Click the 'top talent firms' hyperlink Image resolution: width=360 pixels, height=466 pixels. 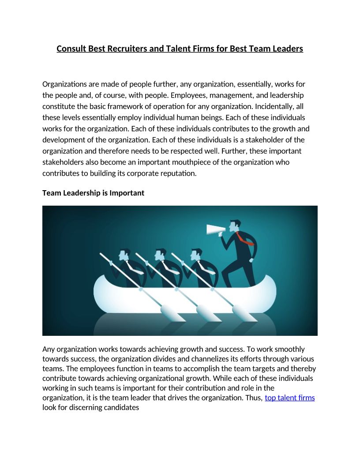point(289,398)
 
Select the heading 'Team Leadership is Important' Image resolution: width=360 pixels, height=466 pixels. point(93,193)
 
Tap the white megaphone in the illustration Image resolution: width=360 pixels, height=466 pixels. point(216,229)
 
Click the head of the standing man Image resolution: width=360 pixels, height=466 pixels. point(236,225)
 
